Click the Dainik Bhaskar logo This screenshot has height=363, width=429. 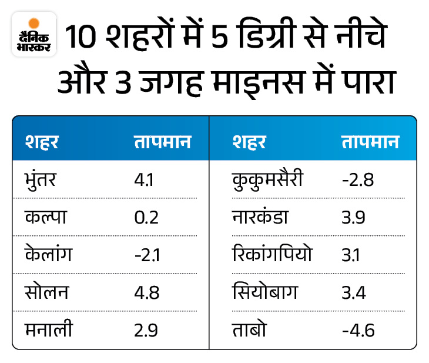click(34, 34)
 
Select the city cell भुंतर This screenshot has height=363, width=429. click(43, 178)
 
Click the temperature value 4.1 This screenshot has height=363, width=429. click(144, 178)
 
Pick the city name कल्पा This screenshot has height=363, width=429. click(45, 216)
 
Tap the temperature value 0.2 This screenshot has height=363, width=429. click(146, 217)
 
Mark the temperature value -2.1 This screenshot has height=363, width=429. click(146, 255)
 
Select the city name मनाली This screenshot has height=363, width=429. click(49, 330)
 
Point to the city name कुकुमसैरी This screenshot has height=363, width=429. click(267, 178)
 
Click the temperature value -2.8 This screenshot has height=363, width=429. click(357, 178)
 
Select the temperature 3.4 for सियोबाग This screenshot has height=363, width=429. click(355, 293)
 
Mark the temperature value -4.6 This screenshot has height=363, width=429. click(358, 331)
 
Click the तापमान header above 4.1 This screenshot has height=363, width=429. click(162, 142)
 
